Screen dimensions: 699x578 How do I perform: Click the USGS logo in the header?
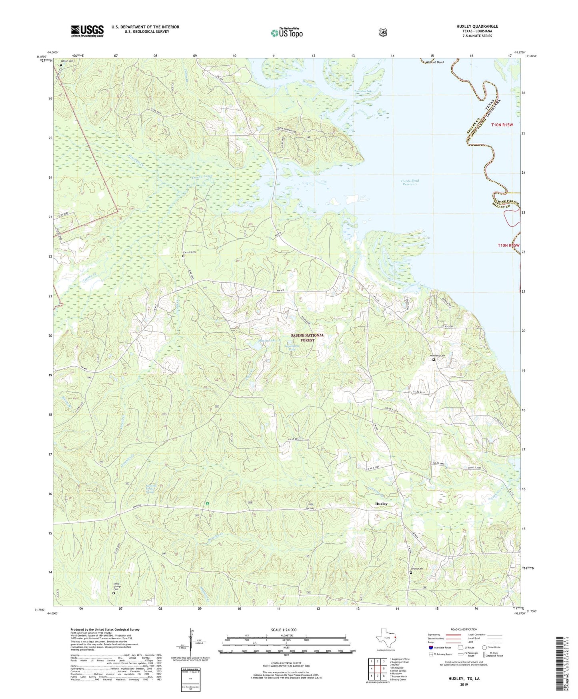[87, 31]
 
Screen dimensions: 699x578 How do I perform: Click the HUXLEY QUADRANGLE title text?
[477, 26]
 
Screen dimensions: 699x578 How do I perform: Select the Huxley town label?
[381, 504]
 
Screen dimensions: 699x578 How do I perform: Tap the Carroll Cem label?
[190, 252]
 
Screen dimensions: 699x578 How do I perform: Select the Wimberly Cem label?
[437, 356]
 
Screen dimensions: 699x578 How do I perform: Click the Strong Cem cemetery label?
[417, 568]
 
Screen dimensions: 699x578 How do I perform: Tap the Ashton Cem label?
[67, 61]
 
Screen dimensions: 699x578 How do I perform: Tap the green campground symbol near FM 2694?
[208, 503]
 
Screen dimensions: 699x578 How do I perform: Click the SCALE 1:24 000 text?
[284, 630]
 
